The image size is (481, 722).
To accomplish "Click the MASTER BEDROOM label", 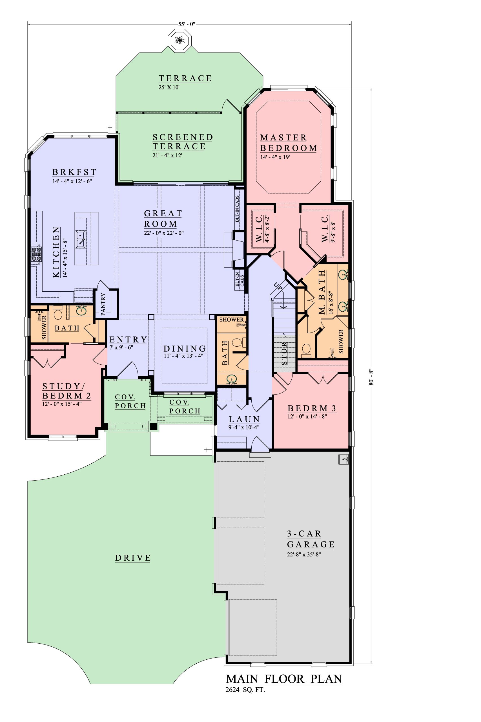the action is coord(289,143).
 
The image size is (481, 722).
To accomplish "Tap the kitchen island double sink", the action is coord(81,239).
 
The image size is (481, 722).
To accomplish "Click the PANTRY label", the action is coord(103,304).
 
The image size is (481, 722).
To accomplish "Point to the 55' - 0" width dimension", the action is coord(187,24).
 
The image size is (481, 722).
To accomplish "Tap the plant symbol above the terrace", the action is coord(179,39).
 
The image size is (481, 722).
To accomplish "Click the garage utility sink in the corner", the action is coord(343,459).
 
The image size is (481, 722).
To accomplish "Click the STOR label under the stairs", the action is coord(285,353).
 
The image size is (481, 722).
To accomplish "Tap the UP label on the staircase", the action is coord(278,285).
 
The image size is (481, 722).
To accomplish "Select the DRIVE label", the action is coord(133,558).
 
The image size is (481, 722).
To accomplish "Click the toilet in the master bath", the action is coord(306,351).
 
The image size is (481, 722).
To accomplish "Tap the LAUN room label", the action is coord(245,419).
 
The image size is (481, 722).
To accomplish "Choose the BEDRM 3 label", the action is coord(312,409).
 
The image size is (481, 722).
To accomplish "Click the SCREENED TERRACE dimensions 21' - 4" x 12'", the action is coord(168,155).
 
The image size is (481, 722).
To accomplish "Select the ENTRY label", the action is coord(128,340).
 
